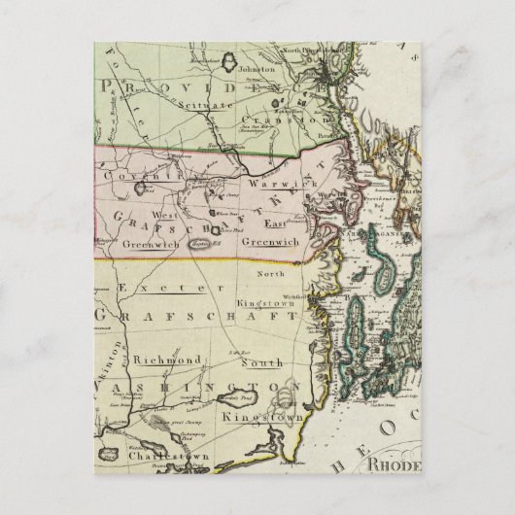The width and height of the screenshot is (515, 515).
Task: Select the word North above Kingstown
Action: (x=271, y=274)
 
